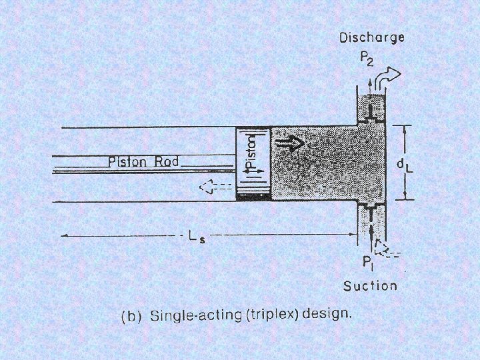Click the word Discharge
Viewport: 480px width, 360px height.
pos(371,37)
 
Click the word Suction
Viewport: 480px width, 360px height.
pos(370,286)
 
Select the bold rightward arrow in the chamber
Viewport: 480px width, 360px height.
pos(292,143)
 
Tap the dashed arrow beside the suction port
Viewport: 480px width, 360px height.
pos(385,250)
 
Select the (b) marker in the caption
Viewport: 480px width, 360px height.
pos(129,317)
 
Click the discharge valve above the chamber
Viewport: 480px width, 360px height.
pos(371,120)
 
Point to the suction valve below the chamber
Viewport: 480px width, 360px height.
pos(371,204)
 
